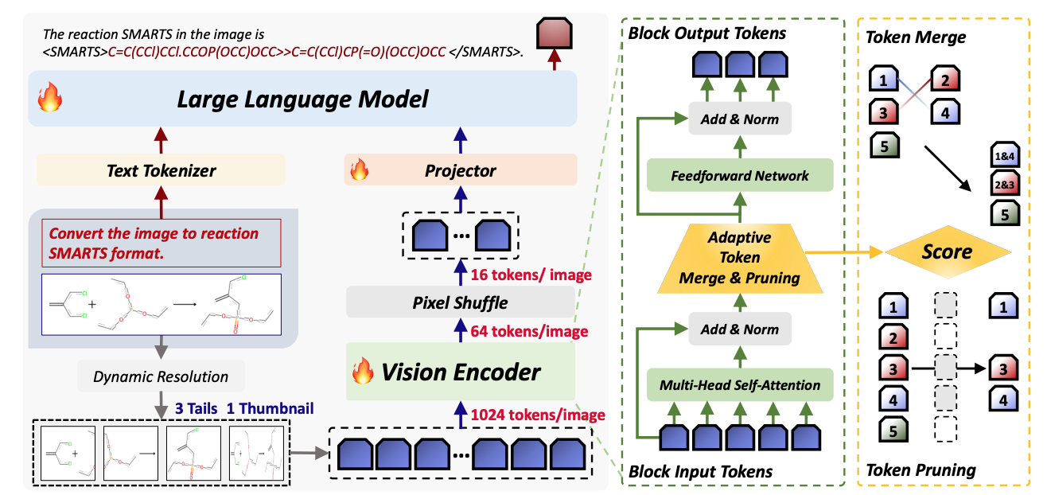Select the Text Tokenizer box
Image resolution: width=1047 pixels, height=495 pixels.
click(x=162, y=170)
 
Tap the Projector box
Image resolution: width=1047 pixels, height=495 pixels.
click(x=460, y=170)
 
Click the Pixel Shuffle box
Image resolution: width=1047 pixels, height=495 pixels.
click(x=460, y=303)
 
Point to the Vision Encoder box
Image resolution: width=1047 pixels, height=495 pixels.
click(x=460, y=371)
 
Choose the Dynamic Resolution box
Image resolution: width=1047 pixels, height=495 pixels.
click(x=161, y=376)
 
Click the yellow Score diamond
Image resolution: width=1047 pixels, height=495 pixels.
click(x=948, y=252)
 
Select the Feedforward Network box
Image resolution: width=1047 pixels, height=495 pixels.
click(x=740, y=175)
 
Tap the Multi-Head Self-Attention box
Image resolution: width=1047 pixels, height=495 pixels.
click(x=740, y=385)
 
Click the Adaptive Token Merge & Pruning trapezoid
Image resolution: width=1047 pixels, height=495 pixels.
click(x=740, y=257)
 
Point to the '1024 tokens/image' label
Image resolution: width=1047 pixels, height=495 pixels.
click(x=539, y=415)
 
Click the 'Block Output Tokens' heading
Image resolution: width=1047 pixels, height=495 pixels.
click(x=706, y=33)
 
